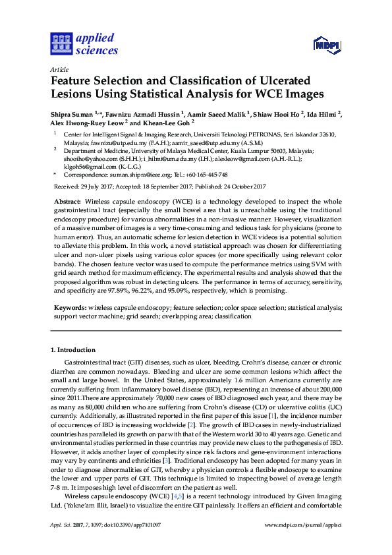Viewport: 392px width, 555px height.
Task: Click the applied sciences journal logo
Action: pyautogui.click(x=84, y=44)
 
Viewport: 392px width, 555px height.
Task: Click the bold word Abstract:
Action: pyautogui.click(x=67, y=200)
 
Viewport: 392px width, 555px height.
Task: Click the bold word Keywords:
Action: pyautogui.click(x=69, y=307)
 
